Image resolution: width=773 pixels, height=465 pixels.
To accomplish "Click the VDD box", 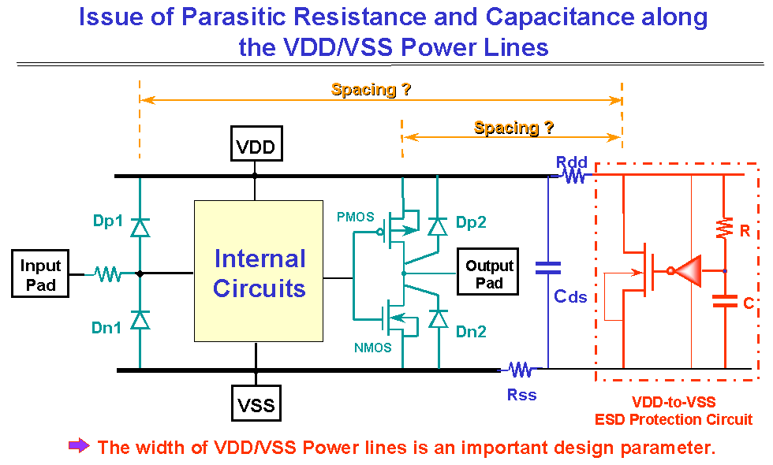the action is tap(256, 143).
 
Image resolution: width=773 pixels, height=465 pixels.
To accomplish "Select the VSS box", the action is tap(256, 403).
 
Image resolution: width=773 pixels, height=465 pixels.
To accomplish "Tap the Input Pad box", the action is tap(40, 273).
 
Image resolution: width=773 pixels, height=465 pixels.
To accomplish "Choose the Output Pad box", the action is tap(487, 271).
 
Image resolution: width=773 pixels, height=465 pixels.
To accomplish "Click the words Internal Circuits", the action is tap(260, 273).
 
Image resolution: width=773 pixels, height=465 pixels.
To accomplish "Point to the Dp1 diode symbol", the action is tap(140, 228).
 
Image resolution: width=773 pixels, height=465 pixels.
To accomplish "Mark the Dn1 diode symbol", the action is tap(140, 320).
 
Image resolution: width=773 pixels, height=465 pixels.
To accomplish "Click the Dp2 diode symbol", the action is tap(438, 227).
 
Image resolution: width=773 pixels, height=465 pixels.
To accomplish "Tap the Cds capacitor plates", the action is tap(548, 268).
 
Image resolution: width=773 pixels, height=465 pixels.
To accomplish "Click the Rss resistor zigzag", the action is tap(520, 369).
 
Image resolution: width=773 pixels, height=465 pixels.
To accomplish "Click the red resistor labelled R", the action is tap(724, 228).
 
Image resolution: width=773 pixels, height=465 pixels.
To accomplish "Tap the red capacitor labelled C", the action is tap(725, 301).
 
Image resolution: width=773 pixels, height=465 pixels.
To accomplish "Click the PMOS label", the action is tap(356, 217).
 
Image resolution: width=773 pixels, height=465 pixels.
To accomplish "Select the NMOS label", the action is tap(372, 348).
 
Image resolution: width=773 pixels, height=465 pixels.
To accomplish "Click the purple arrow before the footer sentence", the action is tap(79, 446).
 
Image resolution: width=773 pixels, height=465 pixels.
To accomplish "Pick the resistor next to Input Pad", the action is tap(107, 274).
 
